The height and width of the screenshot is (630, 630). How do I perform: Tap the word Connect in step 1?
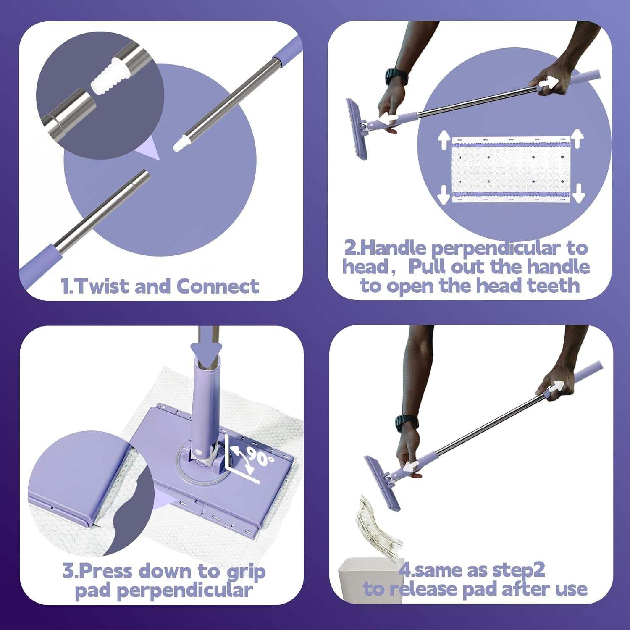coord(218,286)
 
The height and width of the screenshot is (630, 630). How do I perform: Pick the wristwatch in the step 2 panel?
coord(396,77)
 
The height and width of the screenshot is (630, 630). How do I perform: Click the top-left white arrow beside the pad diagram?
coord(444,140)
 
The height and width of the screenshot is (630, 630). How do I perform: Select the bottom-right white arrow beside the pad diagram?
coord(579,192)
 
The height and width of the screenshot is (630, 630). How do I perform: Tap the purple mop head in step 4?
coord(383,483)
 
